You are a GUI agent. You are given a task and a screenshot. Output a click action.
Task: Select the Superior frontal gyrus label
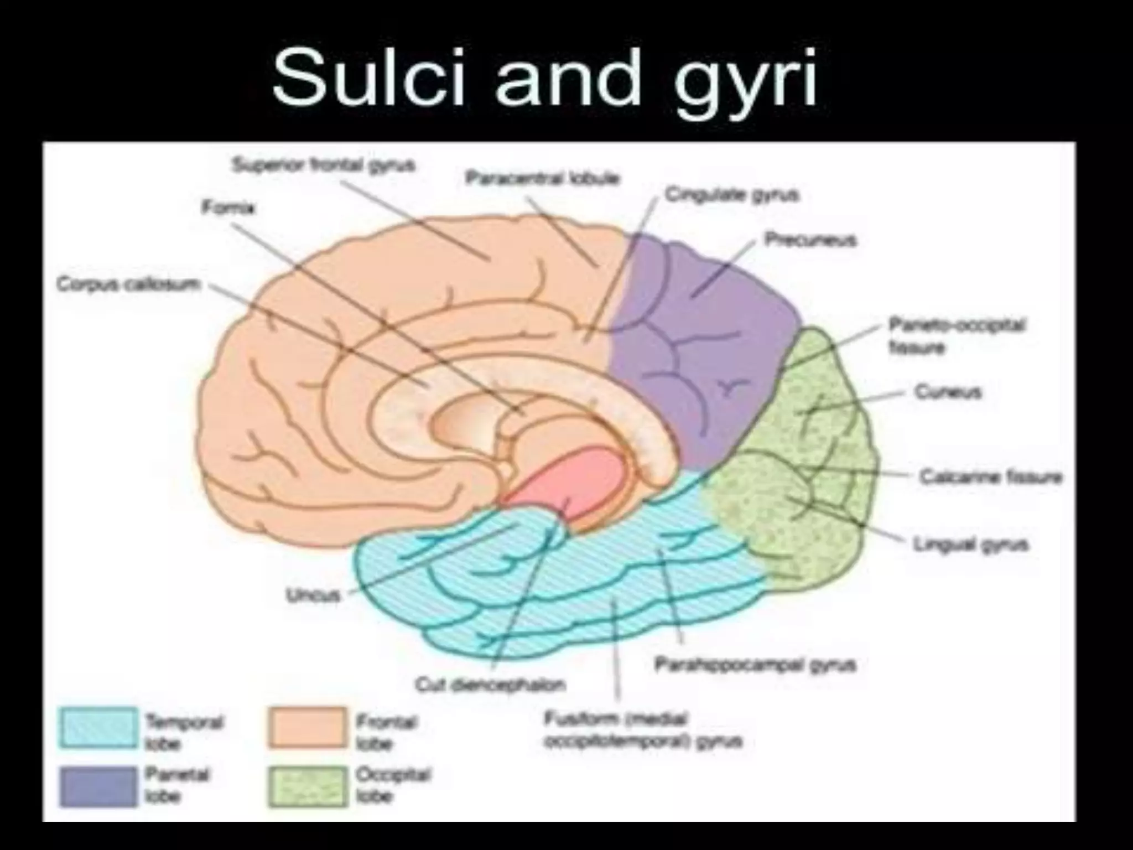coord(324,165)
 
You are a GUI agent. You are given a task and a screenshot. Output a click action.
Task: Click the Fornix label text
coord(228,209)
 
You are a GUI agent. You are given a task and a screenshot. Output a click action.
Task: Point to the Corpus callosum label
coord(128,284)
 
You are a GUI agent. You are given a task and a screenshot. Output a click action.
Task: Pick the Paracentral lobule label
coord(542,179)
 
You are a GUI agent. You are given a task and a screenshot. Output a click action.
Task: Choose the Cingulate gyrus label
coord(732,195)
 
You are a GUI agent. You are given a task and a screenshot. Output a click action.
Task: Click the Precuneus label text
coord(810,240)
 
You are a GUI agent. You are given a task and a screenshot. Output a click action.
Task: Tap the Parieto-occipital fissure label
coord(957,335)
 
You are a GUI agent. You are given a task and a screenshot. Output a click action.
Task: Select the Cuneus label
coord(947,392)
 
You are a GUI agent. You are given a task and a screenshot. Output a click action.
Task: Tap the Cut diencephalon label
coord(490,685)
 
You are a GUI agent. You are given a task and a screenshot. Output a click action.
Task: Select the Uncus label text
coord(313,595)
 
